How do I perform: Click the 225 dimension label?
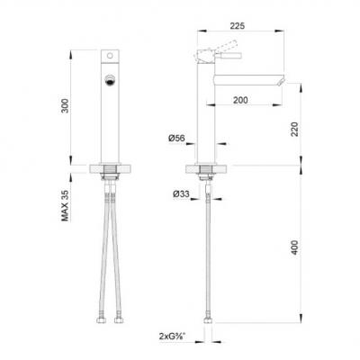tap(238, 26)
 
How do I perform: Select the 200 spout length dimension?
tap(240, 100)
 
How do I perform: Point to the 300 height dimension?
tap(65, 105)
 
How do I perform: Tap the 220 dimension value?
tap(295, 129)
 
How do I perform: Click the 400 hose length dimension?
tap(295, 247)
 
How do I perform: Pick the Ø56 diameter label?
tap(176, 138)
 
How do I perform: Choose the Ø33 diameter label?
tap(181, 194)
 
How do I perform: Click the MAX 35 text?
tap(65, 205)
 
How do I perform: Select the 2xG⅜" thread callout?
tap(173, 337)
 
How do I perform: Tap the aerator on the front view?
tap(110, 80)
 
